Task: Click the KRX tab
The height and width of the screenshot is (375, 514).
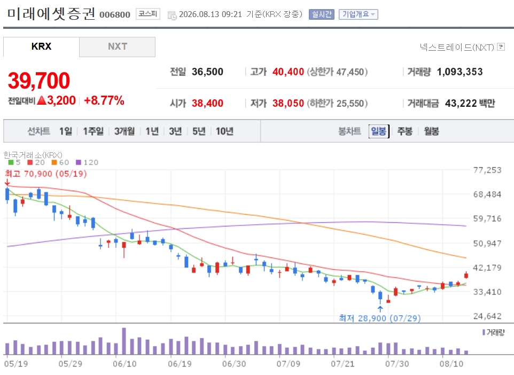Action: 41,46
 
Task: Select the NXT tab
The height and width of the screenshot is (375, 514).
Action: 118,46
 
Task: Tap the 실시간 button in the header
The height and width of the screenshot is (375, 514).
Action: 322,14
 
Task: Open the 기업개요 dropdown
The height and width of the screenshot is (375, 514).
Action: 359,14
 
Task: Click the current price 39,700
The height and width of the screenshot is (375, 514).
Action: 39,81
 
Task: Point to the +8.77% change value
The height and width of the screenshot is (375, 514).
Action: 104,100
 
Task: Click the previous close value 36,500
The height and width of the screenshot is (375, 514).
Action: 207,72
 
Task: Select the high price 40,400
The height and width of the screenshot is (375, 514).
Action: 288,72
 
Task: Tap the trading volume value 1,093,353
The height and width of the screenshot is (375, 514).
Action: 460,72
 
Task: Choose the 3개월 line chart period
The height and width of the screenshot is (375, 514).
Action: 124,131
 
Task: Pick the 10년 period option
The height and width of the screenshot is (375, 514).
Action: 224,131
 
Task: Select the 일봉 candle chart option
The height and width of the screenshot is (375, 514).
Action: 379,131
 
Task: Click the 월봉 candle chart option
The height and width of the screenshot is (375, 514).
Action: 431,131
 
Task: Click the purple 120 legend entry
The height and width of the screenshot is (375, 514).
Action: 87,162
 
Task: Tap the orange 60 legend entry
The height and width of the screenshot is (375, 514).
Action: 60,162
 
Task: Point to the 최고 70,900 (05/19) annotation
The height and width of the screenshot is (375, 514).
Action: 46,174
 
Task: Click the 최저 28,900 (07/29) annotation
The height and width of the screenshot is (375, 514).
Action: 379,318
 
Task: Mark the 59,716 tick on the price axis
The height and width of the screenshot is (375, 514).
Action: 487,218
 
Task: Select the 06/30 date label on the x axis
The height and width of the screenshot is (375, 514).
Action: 234,364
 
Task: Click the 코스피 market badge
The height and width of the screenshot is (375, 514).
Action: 148,14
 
